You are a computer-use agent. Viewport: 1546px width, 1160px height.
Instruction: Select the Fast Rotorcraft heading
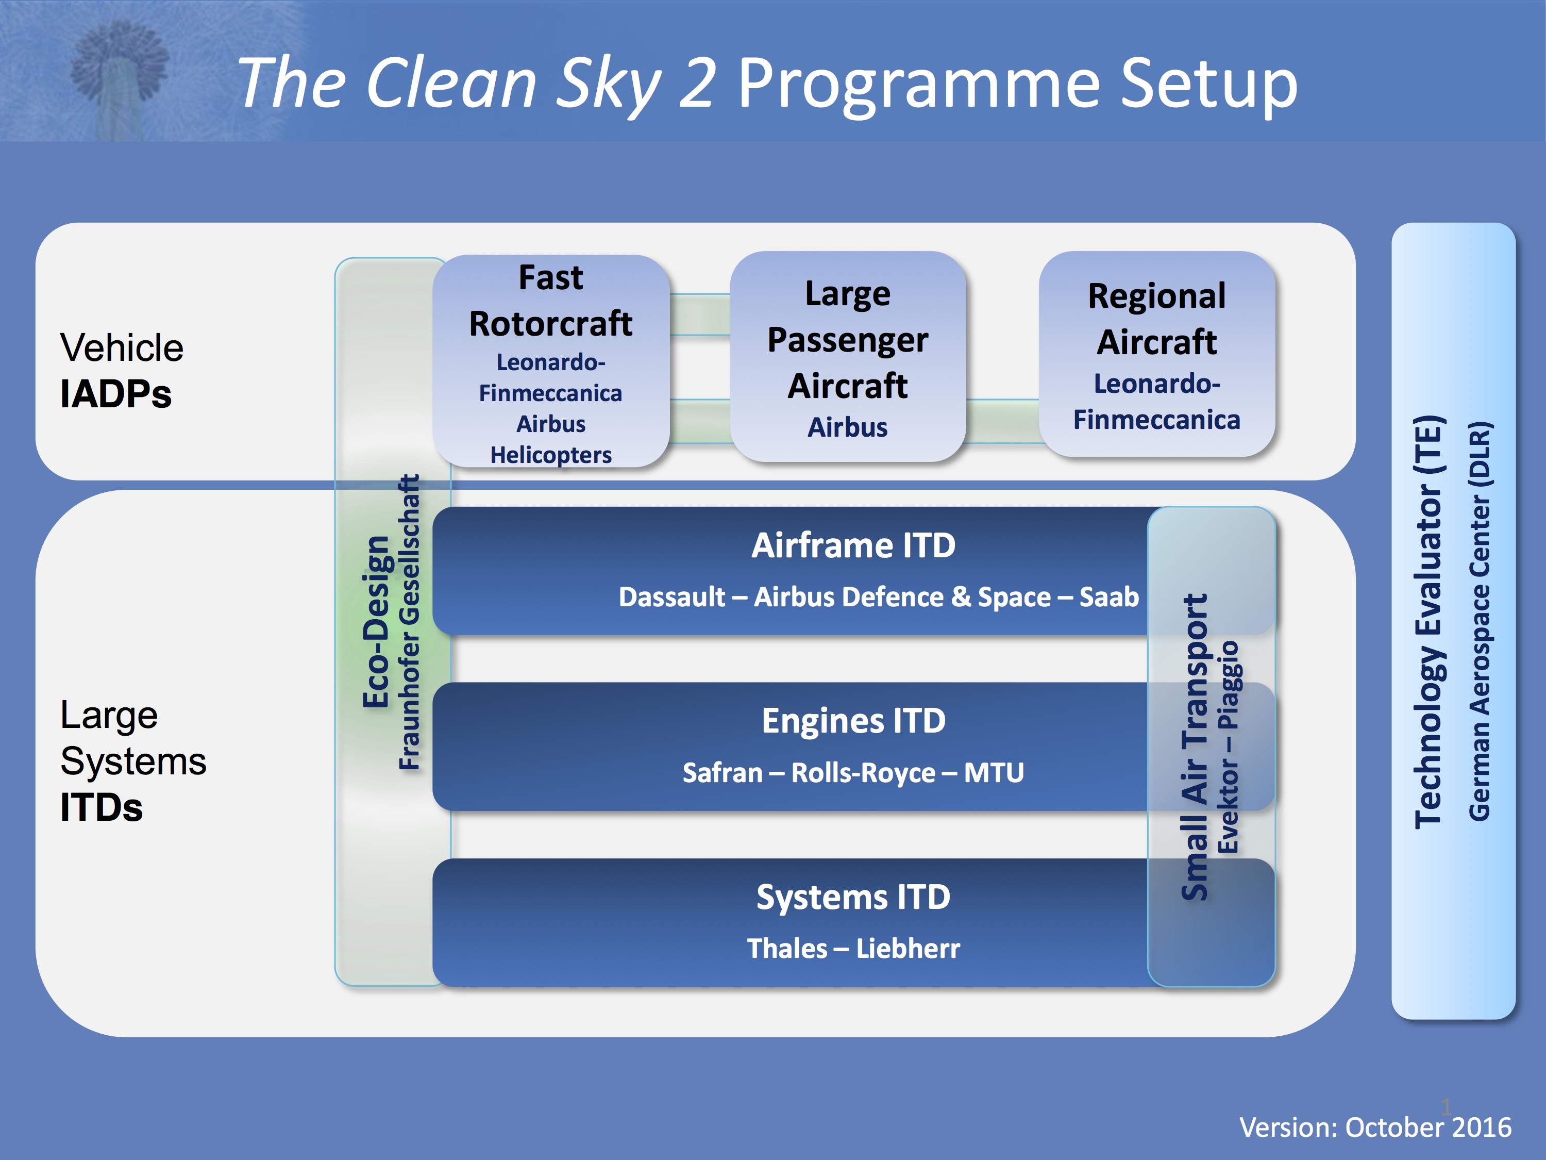[551, 301]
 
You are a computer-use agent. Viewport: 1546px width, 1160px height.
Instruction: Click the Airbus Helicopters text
[551, 439]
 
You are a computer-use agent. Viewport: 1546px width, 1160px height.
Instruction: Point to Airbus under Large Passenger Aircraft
[847, 427]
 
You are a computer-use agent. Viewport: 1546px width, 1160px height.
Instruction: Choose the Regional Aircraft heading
[1157, 319]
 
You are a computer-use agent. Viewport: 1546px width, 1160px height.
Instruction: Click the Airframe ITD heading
[853, 545]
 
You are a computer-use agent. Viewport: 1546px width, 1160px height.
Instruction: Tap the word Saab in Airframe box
[1109, 597]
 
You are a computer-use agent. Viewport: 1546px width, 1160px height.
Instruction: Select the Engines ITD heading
[853, 721]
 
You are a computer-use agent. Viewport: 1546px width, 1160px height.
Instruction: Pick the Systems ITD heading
[853, 897]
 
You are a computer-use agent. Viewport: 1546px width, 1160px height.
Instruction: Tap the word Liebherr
[908, 949]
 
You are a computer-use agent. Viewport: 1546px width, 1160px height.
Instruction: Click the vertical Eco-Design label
[376, 622]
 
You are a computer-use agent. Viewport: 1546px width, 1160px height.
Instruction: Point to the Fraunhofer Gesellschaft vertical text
[410, 622]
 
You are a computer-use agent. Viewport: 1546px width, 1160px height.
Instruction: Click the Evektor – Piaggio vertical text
[1228, 747]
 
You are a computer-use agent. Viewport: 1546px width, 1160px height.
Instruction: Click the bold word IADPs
[116, 394]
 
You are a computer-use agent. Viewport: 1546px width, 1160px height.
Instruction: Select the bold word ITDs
[102, 807]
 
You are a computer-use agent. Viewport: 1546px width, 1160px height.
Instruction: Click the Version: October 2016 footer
[1375, 1127]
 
